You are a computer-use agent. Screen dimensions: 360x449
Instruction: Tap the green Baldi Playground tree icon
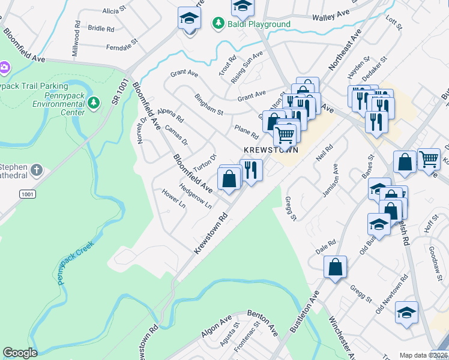click(218, 24)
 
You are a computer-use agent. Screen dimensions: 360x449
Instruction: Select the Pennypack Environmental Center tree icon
click(93, 103)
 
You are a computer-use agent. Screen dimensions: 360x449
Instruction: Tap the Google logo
click(20, 353)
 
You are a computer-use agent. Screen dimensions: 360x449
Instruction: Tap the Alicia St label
click(111, 11)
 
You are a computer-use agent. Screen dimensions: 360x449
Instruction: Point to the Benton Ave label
click(265, 322)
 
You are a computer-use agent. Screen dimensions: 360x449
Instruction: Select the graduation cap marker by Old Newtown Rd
click(406, 313)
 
